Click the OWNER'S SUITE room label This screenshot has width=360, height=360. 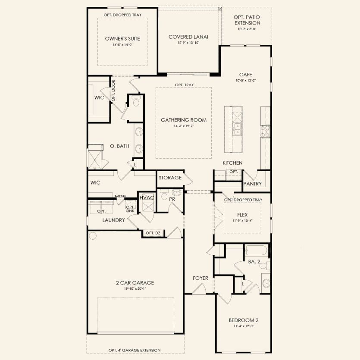[122, 39]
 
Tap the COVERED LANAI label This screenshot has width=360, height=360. [188, 37]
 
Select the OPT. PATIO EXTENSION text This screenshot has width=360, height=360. [247, 20]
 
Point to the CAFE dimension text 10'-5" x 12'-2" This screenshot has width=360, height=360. [245, 81]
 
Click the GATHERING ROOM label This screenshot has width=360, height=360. [184, 120]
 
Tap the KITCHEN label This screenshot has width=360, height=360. [232, 163]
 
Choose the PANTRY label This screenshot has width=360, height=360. [253, 184]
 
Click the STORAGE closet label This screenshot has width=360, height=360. [169, 178]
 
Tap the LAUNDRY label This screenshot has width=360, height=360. [113, 220]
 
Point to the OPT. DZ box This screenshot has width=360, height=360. [153, 233]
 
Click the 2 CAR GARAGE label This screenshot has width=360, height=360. [135, 283]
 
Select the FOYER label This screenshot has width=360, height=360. [200, 278]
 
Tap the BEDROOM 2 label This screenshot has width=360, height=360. [243, 320]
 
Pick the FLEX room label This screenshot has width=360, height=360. [242, 214]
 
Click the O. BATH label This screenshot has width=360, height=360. [119, 146]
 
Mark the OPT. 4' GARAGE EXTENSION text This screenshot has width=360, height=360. [135, 350]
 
